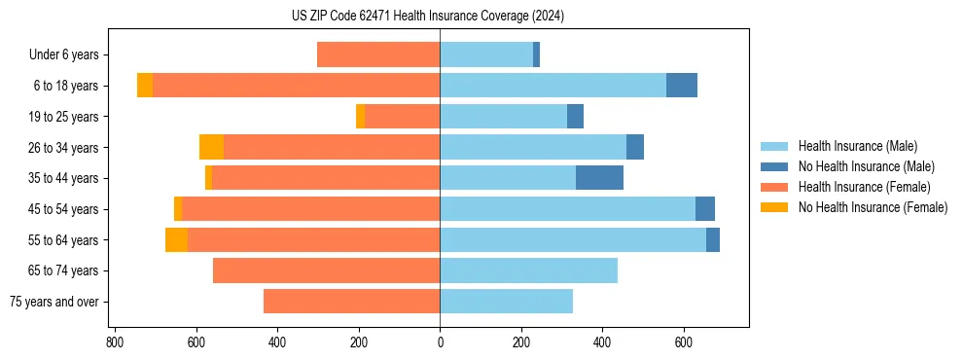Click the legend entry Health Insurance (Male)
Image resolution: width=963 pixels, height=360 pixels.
click(x=857, y=146)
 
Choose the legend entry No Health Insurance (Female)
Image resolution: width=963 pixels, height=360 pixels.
click(x=873, y=207)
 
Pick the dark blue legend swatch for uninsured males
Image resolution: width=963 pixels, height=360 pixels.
click(x=775, y=166)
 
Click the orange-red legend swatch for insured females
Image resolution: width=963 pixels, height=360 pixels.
click(x=775, y=187)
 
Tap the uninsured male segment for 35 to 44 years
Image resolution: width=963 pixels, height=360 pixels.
click(x=599, y=178)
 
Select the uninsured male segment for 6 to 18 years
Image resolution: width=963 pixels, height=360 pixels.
click(x=681, y=86)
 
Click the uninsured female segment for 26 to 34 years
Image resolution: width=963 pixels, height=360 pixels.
click(x=211, y=147)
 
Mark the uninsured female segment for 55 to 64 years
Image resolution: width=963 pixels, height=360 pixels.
click(x=176, y=239)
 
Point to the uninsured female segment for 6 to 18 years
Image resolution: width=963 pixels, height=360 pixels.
click(x=144, y=86)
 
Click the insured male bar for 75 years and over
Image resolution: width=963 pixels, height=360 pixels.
click(x=506, y=302)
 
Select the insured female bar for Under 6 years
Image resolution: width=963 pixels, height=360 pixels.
click(x=378, y=55)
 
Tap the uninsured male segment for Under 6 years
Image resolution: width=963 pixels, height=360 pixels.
click(x=536, y=55)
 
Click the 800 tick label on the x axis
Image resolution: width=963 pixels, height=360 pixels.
click(x=115, y=342)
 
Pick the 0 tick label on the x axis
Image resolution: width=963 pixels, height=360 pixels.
click(x=440, y=342)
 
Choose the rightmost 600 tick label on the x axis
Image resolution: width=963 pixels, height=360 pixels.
click(x=684, y=342)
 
